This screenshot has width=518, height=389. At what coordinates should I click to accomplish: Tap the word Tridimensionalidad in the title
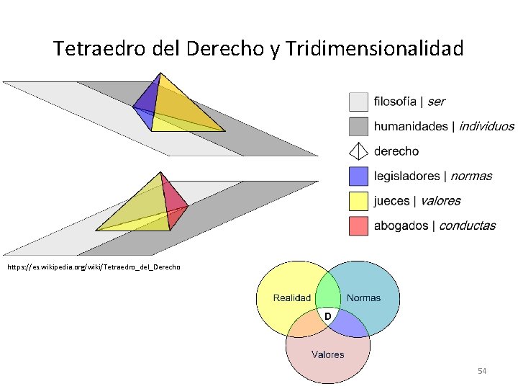click(x=375, y=49)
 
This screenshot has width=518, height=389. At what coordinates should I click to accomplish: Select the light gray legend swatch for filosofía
click(x=358, y=102)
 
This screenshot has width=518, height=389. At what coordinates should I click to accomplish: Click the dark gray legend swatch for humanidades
click(x=358, y=126)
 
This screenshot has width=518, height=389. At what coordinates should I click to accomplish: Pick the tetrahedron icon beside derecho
click(x=358, y=151)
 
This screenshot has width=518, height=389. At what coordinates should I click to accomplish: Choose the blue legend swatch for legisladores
click(x=358, y=176)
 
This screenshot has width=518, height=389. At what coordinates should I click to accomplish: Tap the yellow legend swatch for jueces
click(x=358, y=201)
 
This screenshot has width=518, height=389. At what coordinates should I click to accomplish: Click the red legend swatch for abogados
click(x=358, y=225)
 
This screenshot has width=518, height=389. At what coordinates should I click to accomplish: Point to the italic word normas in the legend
click(x=471, y=176)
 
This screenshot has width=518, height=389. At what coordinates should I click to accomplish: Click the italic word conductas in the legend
click(x=467, y=225)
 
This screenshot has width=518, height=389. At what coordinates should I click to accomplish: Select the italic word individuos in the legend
click(x=486, y=126)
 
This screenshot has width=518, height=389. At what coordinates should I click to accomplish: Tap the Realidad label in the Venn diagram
click(x=291, y=298)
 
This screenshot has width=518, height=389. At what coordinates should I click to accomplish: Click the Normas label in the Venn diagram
click(x=363, y=298)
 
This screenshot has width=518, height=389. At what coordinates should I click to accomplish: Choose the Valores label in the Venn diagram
click(x=327, y=354)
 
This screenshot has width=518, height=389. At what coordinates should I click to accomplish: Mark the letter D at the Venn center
click(x=327, y=316)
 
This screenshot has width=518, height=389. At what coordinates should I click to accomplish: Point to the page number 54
click(x=482, y=371)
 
